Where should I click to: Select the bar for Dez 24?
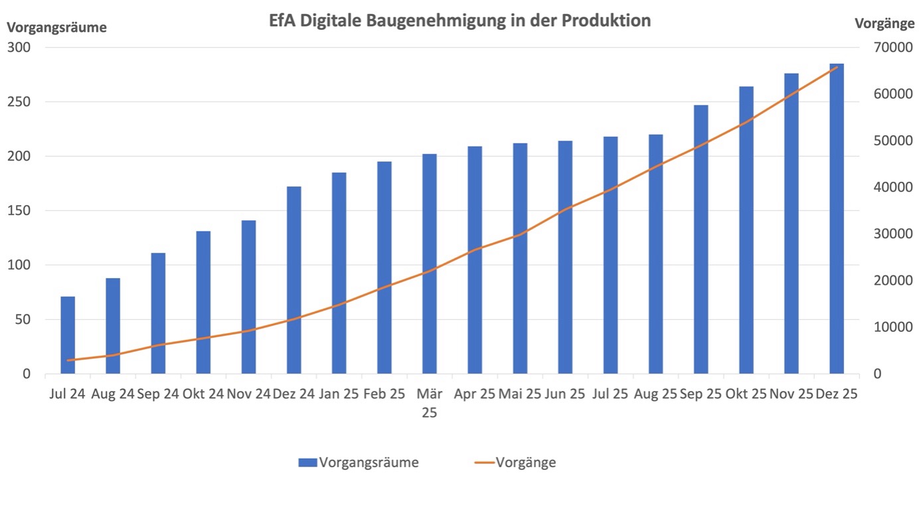294,279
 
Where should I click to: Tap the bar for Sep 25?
701,239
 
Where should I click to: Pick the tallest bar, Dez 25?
837,219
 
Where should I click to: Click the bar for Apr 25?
475,259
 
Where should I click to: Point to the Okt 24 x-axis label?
203,394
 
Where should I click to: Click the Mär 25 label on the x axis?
430,402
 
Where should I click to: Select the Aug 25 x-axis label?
655,394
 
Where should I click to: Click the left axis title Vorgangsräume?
56,28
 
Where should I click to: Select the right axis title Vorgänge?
884,23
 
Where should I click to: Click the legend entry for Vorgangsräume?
359,463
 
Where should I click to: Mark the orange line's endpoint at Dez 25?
837,66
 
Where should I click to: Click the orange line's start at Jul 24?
68,360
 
